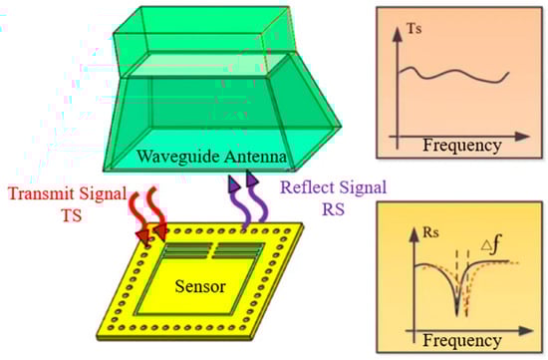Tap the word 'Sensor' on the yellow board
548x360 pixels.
tap(201, 287)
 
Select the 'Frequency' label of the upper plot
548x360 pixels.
tap(461, 147)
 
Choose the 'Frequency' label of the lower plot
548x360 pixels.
tap(461, 340)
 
